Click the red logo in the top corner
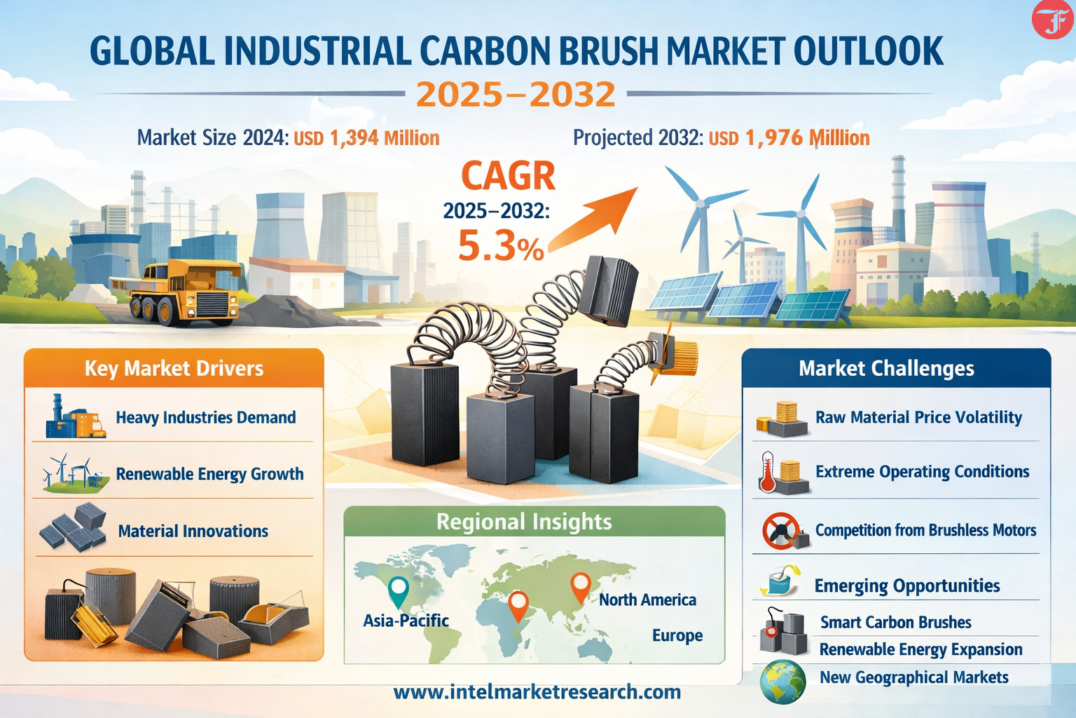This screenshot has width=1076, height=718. [x=1051, y=19]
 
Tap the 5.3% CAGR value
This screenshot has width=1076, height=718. [x=501, y=245]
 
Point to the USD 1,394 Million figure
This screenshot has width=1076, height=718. [x=366, y=139]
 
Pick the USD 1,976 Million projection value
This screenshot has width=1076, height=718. [x=789, y=139]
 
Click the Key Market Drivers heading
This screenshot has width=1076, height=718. [x=174, y=369]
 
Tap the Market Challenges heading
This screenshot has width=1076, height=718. [x=886, y=369]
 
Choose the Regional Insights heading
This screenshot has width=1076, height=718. [x=524, y=522]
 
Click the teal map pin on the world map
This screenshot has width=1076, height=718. [x=399, y=591]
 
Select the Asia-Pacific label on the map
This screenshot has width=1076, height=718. [x=406, y=621]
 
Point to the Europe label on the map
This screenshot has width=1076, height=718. [x=677, y=635]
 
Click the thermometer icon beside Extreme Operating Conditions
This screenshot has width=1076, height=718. [x=768, y=472]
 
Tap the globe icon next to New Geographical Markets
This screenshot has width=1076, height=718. [x=782, y=682]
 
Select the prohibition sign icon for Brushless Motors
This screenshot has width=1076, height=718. [x=780, y=531]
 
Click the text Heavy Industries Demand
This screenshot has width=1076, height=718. [x=205, y=417]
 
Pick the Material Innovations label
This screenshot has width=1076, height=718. [x=193, y=531]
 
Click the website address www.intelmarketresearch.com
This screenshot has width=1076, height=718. [x=537, y=692]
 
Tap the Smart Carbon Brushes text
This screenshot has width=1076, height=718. [x=895, y=623]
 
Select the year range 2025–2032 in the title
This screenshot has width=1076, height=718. [x=516, y=94]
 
